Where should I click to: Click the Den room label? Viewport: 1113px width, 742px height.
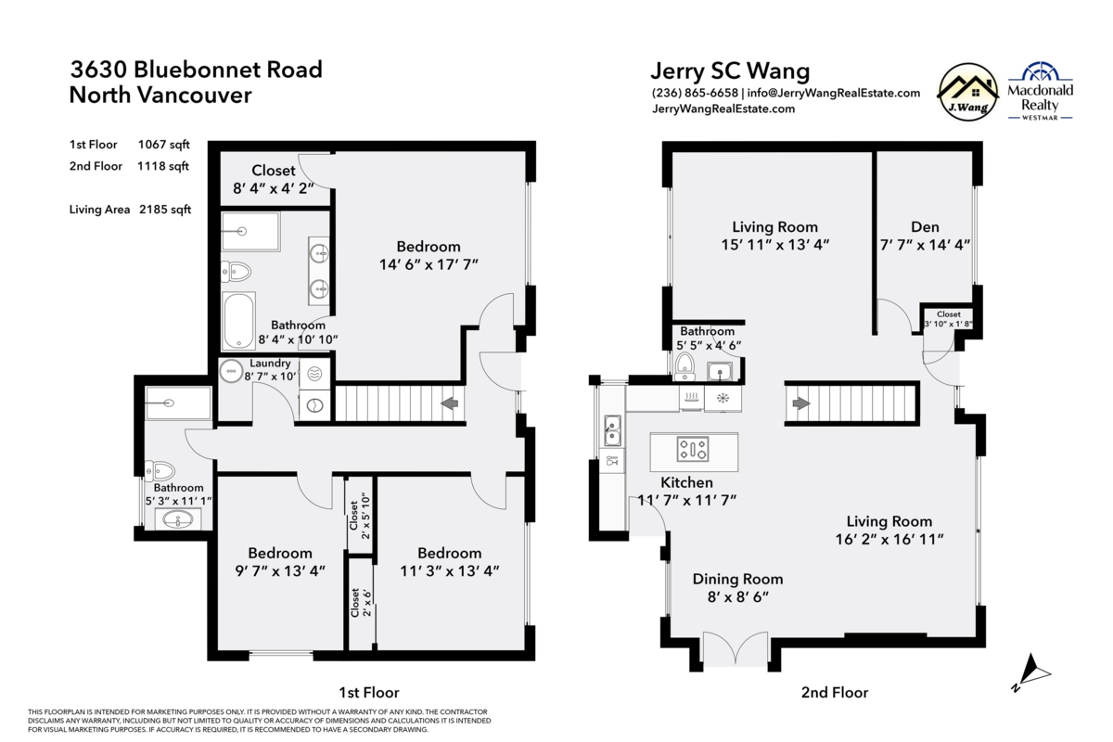click(x=924, y=227)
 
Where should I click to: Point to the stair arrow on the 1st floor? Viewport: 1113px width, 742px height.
click(x=450, y=403)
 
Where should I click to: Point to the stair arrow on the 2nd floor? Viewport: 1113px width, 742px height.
click(x=801, y=403)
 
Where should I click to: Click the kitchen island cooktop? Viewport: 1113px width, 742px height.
click(x=692, y=449)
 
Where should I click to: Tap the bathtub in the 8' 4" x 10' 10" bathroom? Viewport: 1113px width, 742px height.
click(x=238, y=321)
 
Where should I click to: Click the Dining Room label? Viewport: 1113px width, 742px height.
click(x=737, y=579)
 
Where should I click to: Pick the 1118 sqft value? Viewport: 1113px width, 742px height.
click(x=163, y=166)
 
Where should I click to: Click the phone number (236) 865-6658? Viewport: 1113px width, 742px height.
click(x=695, y=93)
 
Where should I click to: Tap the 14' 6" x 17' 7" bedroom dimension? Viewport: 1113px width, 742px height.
click(x=429, y=264)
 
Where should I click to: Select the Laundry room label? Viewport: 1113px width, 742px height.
click(x=270, y=364)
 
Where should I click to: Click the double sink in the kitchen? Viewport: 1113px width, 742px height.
click(x=612, y=431)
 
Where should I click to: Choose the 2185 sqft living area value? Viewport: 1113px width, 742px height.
click(x=165, y=210)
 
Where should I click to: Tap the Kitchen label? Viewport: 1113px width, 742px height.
click(x=686, y=482)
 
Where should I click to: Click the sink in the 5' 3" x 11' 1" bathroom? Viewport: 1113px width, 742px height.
click(x=178, y=519)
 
